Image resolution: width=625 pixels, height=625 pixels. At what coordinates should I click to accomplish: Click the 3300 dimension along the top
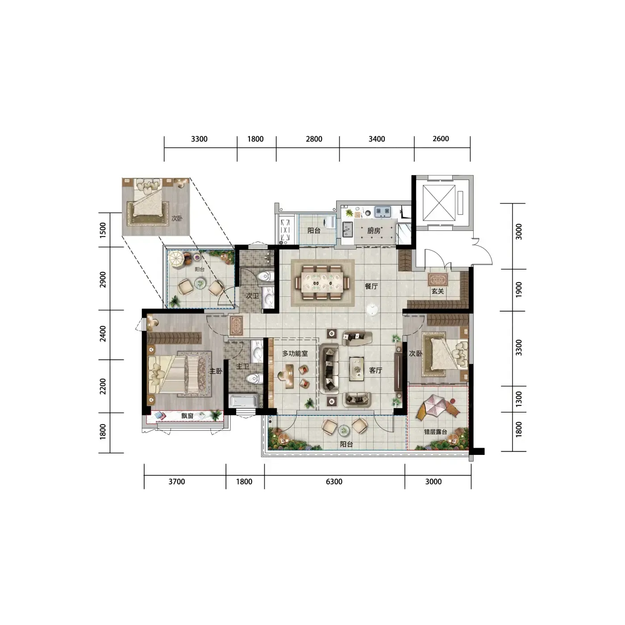pyautogui.click(x=199, y=139)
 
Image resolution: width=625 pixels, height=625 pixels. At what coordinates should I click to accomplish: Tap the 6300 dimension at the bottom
pyautogui.click(x=334, y=482)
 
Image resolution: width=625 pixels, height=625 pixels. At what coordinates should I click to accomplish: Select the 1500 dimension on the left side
pyautogui.click(x=103, y=230)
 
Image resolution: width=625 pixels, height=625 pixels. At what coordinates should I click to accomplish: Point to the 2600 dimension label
pyautogui.click(x=441, y=139)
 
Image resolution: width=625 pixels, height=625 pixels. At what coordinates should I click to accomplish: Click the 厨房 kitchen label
pyautogui.click(x=374, y=231)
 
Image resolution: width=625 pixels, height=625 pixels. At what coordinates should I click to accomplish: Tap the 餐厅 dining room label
pyautogui.click(x=371, y=286)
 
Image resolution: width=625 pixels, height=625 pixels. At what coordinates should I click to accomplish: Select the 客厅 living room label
pyautogui.click(x=375, y=370)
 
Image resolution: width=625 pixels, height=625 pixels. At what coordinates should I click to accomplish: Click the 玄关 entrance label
pyautogui.click(x=437, y=291)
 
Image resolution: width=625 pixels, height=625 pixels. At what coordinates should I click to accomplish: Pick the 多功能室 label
pyautogui.click(x=295, y=354)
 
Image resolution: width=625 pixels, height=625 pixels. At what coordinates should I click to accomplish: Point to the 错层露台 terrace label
pyautogui.click(x=436, y=432)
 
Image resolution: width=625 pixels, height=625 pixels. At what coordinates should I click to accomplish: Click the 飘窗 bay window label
pyautogui.click(x=187, y=416)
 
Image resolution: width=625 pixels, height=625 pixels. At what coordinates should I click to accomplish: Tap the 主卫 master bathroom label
pyautogui.click(x=242, y=367)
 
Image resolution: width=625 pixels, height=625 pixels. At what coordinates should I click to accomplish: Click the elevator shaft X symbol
pyautogui.click(x=439, y=203)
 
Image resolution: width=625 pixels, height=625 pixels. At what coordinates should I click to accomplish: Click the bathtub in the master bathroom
pyautogui.click(x=244, y=401)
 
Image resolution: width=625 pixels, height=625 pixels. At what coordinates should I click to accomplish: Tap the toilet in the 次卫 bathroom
pyautogui.click(x=266, y=277)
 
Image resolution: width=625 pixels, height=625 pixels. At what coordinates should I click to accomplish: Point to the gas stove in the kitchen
pyautogui.click(x=383, y=212)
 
